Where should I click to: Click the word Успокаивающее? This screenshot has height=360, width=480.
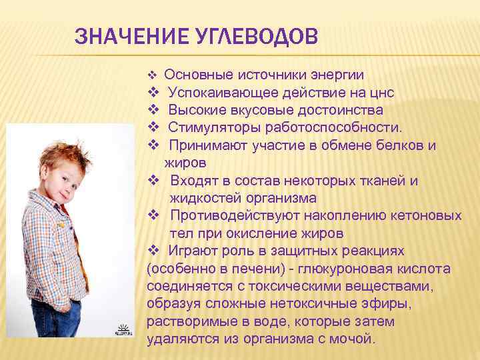pos(216,91)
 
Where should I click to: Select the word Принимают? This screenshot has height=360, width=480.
pos(205,145)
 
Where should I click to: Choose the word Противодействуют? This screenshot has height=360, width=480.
pos(233,216)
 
